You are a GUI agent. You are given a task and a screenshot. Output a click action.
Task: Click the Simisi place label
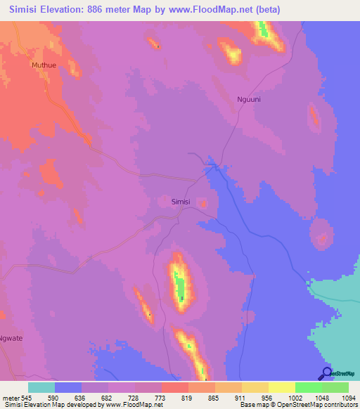point(181,202)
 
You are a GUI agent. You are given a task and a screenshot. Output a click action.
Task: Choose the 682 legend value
point(95,397)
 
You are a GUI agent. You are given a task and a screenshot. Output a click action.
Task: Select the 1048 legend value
point(308,397)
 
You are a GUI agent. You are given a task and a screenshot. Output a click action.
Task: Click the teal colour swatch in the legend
point(41,387)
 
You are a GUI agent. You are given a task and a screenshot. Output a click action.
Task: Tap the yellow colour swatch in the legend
point(282,387)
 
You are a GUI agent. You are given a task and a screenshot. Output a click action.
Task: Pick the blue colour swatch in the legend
point(68,387)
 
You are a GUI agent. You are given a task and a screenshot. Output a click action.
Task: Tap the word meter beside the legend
point(11,397)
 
